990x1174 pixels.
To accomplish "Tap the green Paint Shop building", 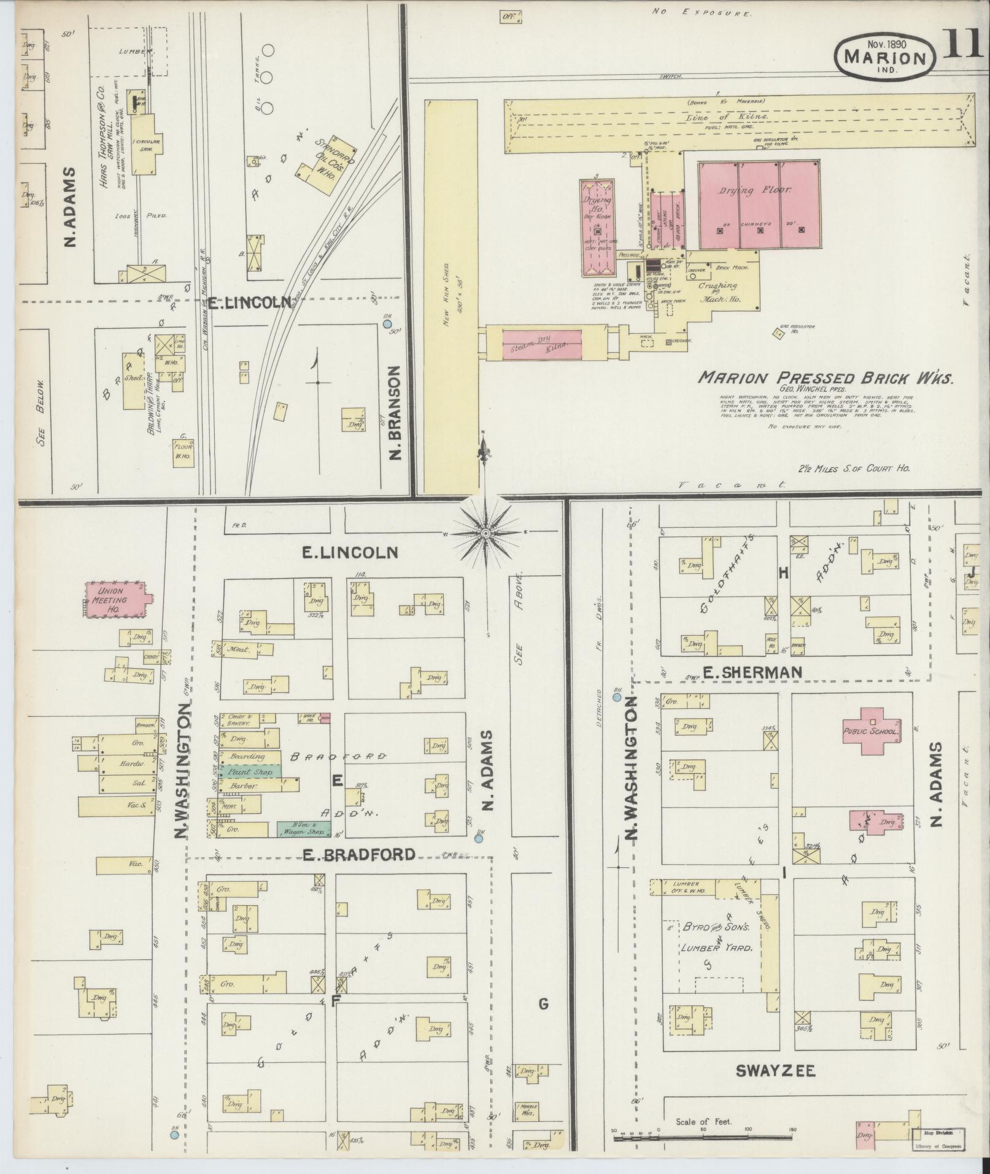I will tap(251, 772).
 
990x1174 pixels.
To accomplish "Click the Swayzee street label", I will tap(775, 1072).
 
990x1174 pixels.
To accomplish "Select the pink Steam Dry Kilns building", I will tap(541, 343).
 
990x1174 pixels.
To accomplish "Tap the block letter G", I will tap(543, 1004).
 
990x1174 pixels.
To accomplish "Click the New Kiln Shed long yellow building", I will tap(451, 298).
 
